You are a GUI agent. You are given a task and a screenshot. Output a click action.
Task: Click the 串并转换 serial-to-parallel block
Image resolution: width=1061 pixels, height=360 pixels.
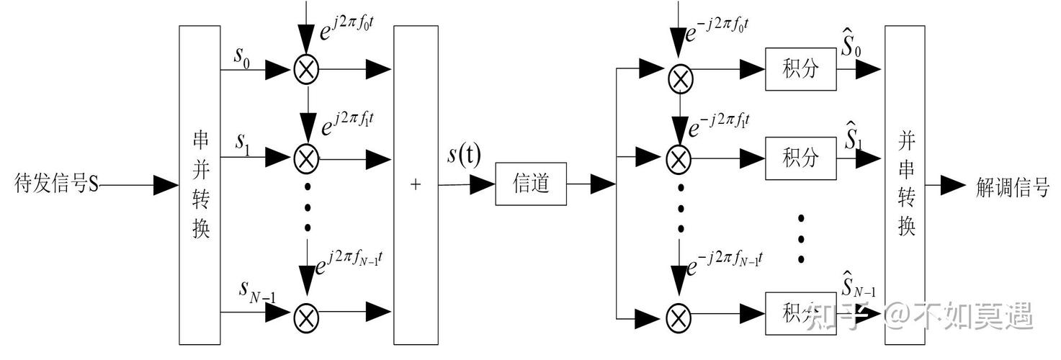(202, 186)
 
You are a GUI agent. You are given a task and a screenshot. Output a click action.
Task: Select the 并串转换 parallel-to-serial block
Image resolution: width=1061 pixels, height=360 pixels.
(904, 186)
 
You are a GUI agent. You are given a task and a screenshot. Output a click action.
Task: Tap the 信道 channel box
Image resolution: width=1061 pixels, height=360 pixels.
(531, 184)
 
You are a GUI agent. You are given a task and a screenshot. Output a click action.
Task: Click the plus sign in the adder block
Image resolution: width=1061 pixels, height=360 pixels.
(415, 184)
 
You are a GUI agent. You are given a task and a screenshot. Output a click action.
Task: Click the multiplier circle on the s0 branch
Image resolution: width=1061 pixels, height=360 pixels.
(308, 69)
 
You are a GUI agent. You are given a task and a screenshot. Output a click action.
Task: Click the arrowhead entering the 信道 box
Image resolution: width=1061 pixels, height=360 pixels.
(483, 185)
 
